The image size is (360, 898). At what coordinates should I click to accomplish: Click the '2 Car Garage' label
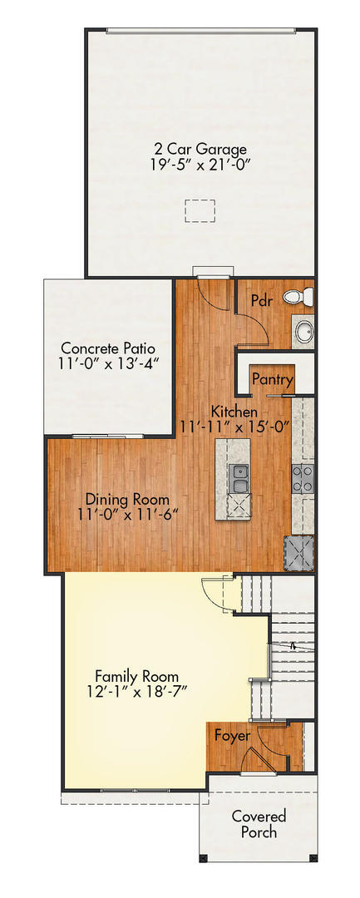coord(200,150)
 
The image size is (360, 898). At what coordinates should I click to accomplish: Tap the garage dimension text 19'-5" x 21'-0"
coord(200,165)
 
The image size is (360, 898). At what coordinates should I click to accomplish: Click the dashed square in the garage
coord(199,211)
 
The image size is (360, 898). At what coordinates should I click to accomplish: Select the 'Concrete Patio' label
coord(108,348)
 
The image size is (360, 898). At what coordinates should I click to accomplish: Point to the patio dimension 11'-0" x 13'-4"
coord(108,363)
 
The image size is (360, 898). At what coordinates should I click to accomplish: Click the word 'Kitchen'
coord(234,412)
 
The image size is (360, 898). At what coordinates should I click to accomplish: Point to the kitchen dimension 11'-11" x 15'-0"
coord(234,427)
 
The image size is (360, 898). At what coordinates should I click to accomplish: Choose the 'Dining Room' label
coord(128,500)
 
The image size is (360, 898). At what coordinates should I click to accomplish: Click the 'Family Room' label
coord(136,676)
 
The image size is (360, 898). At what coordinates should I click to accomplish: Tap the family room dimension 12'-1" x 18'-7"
coord(136,691)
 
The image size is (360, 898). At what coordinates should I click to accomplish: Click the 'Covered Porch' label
coord(259,824)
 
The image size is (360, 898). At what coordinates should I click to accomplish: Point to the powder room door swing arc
coord(251,328)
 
